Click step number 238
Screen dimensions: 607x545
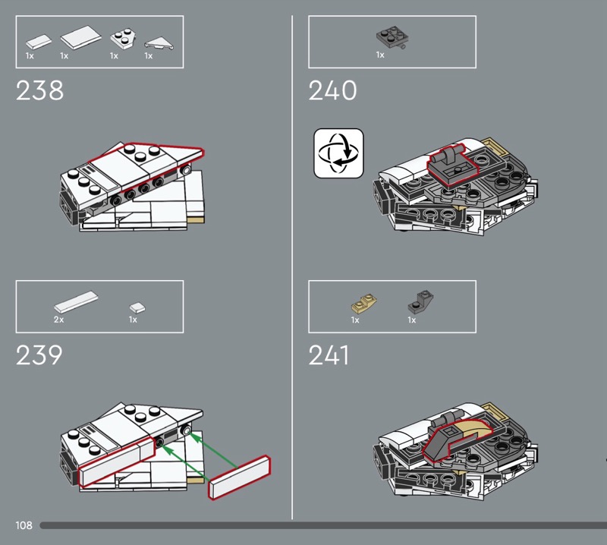(39, 90)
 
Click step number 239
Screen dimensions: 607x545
(39, 355)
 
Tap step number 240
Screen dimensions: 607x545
(332, 90)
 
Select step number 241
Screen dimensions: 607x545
(329, 355)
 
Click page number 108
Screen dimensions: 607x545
(24, 525)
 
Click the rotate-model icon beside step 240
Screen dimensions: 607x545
(338, 153)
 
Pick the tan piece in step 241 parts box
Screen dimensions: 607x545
(364, 304)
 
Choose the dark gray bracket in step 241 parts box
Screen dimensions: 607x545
(420, 301)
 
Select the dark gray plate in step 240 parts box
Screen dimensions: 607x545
(393, 37)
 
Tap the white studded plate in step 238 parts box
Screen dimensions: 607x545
(123, 39)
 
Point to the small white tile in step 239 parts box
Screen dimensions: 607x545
(137, 308)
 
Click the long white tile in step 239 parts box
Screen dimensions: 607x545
(76, 302)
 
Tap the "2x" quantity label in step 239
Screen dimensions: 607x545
(59, 320)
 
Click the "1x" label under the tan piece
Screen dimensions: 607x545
(355, 320)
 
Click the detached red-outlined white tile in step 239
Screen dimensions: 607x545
(240, 477)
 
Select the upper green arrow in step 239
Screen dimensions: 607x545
(213, 452)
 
